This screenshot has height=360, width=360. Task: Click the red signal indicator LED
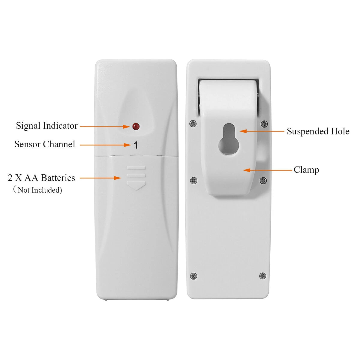(136, 127)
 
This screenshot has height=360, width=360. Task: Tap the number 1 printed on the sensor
(136, 145)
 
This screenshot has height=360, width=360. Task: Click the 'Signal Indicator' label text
(47, 125)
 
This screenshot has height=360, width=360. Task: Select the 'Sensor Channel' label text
(45, 144)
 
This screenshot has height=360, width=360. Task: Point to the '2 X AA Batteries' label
(41, 178)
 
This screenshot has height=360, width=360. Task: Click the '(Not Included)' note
(38, 190)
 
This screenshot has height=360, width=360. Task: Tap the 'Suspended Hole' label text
(318, 131)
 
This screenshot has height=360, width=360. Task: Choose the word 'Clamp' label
(306, 170)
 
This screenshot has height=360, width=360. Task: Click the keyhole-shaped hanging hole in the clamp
(229, 139)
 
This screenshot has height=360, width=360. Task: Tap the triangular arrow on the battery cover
(136, 185)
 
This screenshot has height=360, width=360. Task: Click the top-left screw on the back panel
(193, 123)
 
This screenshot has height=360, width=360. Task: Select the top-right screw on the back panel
(264, 123)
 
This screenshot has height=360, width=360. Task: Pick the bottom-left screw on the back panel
(193, 276)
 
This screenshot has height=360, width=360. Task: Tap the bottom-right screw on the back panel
(263, 275)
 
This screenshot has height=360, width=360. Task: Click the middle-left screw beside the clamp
(193, 180)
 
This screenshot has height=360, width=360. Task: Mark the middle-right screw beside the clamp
(263, 180)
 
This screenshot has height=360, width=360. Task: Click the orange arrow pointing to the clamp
(267, 170)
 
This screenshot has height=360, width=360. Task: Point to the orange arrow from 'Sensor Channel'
(105, 145)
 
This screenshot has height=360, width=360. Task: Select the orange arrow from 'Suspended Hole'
(262, 131)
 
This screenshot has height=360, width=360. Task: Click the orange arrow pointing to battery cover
(100, 178)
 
